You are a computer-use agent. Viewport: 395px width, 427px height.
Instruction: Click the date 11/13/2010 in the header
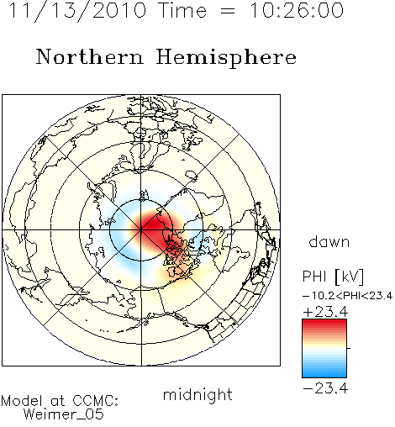(77, 11)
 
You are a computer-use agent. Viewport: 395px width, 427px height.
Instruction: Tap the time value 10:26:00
(297, 10)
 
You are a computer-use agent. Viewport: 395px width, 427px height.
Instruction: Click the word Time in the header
(182, 10)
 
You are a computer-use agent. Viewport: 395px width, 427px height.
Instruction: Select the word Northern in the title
(90, 56)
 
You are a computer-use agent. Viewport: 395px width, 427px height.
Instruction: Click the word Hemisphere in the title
(226, 58)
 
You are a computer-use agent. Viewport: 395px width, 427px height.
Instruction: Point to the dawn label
(329, 241)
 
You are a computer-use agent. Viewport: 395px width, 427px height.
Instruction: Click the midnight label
(197, 394)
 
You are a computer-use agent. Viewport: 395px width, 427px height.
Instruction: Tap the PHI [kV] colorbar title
(333, 277)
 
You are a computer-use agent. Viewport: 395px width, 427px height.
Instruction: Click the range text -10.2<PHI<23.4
(348, 296)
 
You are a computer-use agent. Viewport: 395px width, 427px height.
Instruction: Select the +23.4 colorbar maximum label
(325, 312)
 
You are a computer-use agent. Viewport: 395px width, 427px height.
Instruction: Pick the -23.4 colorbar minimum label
(325, 388)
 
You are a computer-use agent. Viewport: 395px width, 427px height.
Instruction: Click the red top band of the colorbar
(324, 324)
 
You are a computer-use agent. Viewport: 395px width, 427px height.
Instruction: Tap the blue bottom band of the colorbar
(324, 372)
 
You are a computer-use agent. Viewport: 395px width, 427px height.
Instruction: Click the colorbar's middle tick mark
(349, 348)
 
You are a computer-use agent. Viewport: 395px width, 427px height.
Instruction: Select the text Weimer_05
(64, 414)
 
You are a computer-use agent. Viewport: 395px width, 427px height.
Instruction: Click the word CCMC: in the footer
(96, 401)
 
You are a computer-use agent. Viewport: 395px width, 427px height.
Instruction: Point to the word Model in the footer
(22, 401)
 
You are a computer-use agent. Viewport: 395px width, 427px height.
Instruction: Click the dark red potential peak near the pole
(154, 224)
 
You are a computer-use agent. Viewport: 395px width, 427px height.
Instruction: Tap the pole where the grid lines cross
(141, 229)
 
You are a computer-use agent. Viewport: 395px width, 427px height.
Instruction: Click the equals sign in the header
(228, 11)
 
